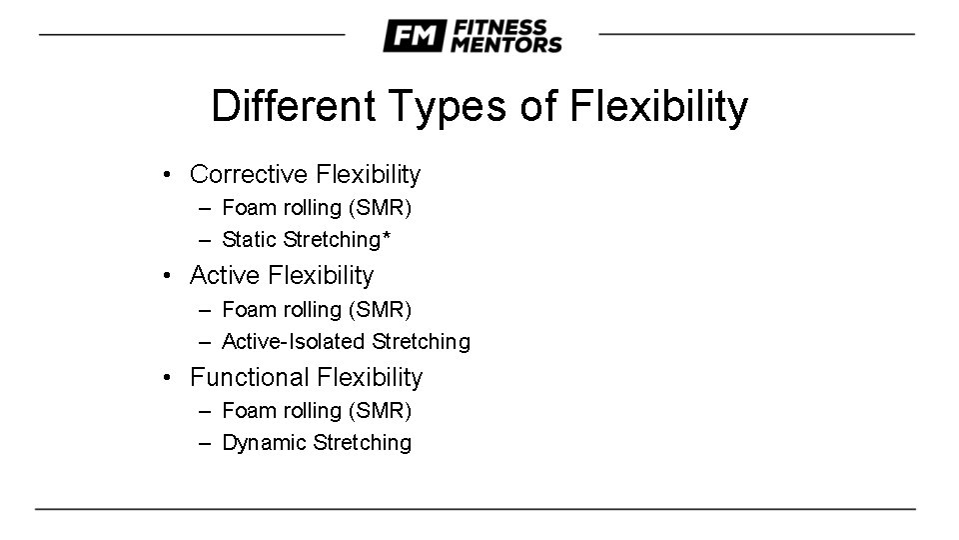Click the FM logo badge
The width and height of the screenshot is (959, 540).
coord(414,36)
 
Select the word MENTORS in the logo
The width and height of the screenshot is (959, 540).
coord(505,45)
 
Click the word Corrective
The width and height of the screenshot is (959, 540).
coord(249,175)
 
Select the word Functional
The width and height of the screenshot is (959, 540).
coord(250,377)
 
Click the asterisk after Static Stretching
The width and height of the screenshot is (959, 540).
coord(386,236)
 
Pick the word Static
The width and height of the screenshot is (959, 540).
coord(250,240)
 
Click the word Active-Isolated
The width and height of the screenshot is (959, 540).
coord(294,342)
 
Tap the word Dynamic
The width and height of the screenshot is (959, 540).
coord(264,443)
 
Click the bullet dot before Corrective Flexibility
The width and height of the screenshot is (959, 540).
coord(170,176)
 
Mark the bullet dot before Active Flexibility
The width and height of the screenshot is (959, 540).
coord(170,276)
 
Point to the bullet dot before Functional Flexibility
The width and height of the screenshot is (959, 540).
coord(170,378)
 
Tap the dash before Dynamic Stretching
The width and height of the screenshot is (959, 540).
coord(205,443)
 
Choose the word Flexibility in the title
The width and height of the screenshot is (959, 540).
coord(658,107)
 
